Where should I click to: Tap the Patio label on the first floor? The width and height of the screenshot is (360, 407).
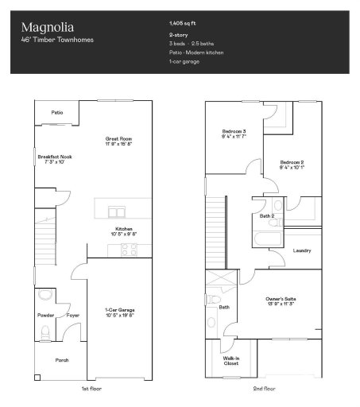click(x=57, y=113)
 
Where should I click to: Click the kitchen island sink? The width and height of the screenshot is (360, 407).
click(x=118, y=211)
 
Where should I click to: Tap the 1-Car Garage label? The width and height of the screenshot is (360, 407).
click(x=120, y=312)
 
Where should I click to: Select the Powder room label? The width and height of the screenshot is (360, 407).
click(x=45, y=315)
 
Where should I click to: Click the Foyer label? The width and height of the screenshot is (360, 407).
click(x=73, y=315)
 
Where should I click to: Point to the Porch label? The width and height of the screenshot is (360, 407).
click(x=61, y=360)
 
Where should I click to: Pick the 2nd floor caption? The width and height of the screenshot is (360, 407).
click(x=264, y=390)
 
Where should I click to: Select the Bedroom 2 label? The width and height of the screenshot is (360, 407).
click(x=292, y=165)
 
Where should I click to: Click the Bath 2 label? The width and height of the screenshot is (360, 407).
click(x=267, y=216)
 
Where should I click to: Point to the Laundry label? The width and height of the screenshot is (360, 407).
click(x=302, y=250)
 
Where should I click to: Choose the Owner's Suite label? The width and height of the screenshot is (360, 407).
click(x=281, y=300)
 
